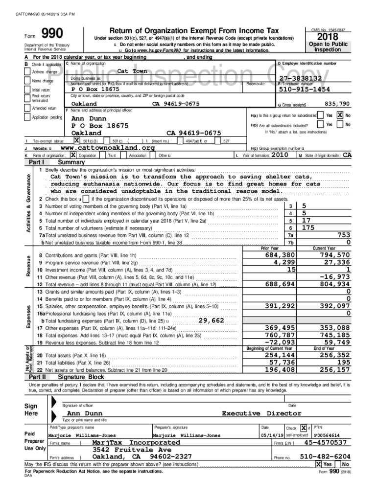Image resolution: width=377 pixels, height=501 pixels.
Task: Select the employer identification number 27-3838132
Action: click(300, 78)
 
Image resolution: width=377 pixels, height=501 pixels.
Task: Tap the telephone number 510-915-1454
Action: click(304, 90)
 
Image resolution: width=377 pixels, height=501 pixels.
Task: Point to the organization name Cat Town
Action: click(132, 71)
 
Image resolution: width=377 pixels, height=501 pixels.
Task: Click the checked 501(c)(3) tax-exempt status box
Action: click(76, 141)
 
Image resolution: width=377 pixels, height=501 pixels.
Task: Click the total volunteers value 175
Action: click(308, 228)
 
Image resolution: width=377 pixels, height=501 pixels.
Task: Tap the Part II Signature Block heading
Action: click(81, 377)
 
